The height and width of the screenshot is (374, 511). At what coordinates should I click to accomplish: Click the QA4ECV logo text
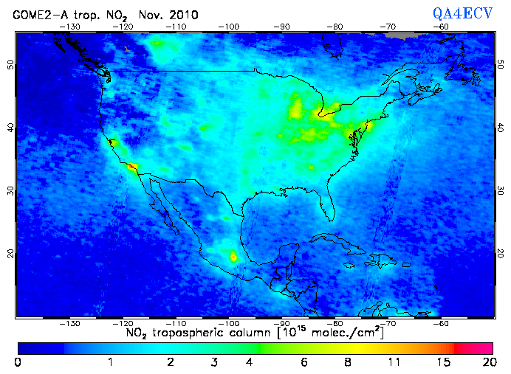click(462, 14)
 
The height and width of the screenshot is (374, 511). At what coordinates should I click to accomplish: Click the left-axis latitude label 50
click(10, 65)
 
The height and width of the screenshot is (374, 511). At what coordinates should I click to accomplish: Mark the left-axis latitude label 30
click(10, 190)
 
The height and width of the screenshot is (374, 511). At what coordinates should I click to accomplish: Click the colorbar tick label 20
click(487, 362)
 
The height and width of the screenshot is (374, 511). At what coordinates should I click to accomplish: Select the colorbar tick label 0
click(18, 362)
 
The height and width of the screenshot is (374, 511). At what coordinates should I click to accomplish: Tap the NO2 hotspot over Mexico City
click(235, 257)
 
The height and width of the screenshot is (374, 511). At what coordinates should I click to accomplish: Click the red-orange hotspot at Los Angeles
click(131, 167)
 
